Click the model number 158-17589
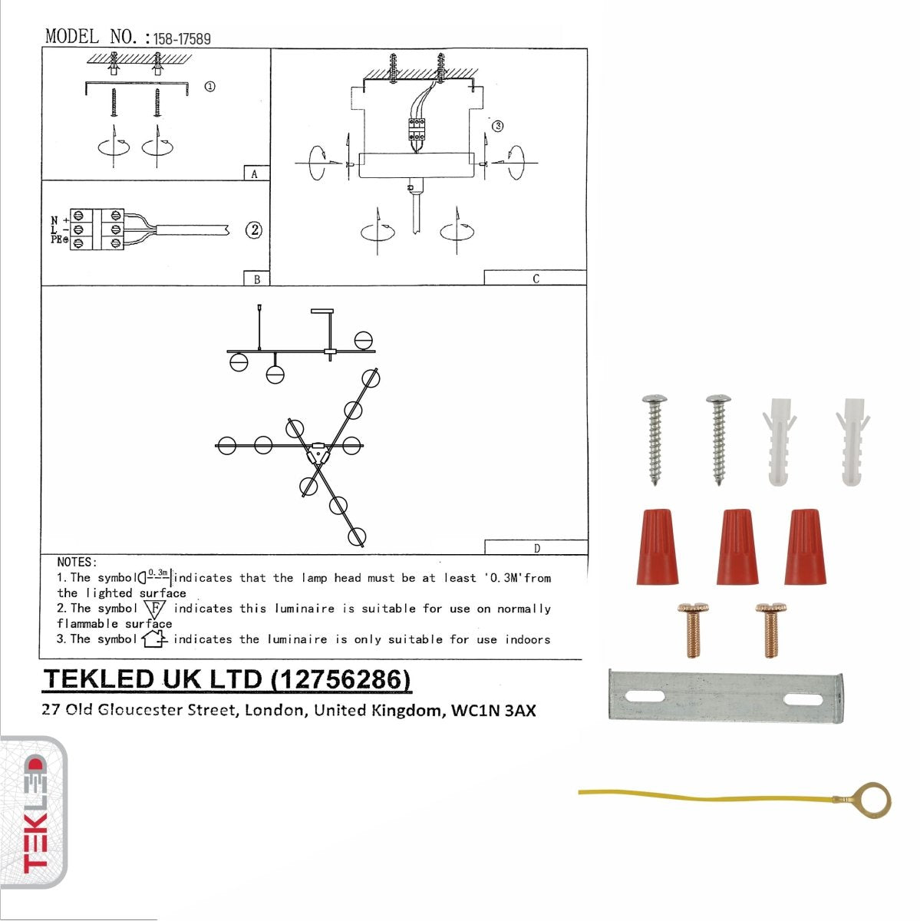182,38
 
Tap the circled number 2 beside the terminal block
253,229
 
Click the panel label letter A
256,174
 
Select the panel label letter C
536,279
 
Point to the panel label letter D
536,548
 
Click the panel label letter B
256,279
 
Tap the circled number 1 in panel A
209,87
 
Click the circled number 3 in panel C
498,126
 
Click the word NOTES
77,563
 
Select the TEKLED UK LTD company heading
227,680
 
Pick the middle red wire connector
737,546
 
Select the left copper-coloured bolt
692,629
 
